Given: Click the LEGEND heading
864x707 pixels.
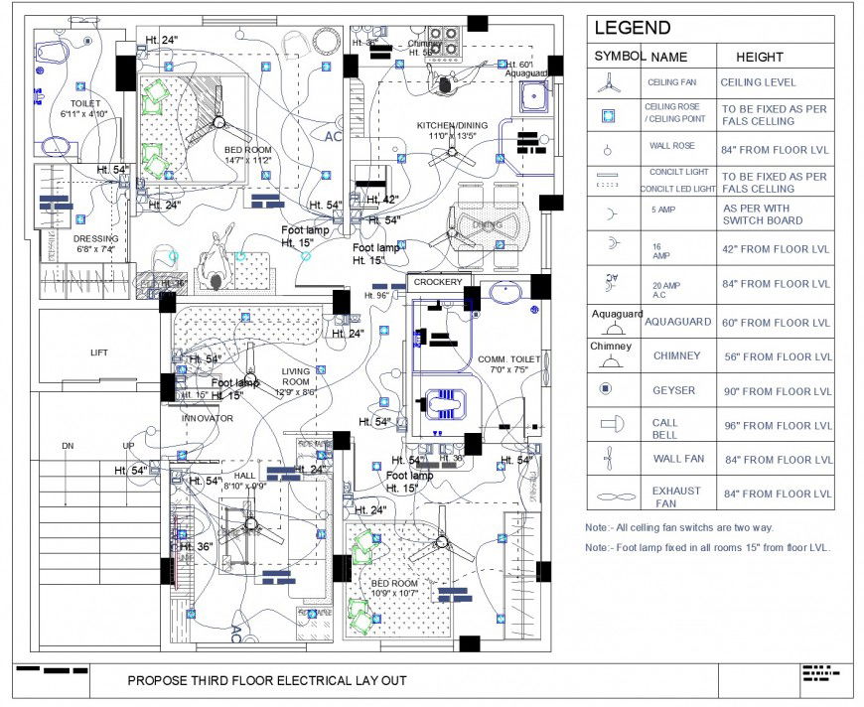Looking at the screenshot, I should click(x=632, y=29).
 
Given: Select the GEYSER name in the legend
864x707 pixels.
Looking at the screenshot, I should click(x=674, y=391).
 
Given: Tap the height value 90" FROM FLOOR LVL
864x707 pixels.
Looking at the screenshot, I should click(x=777, y=391).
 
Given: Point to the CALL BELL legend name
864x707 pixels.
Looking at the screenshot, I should click(x=665, y=428).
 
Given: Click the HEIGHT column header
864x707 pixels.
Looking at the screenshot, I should click(x=759, y=57).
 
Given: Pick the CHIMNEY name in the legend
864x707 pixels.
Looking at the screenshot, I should click(x=676, y=355).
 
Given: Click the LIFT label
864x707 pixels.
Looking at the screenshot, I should click(x=98, y=353).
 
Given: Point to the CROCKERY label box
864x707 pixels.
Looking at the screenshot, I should click(x=438, y=282).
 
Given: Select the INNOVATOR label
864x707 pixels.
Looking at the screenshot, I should click(x=207, y=418).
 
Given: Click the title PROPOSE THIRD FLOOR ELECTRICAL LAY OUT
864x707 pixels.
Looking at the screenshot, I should click(x=267, y=681).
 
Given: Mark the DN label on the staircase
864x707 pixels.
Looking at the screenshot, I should click(x=68, y=446).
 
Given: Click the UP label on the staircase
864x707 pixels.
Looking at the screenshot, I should click(x=128, y=446).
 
